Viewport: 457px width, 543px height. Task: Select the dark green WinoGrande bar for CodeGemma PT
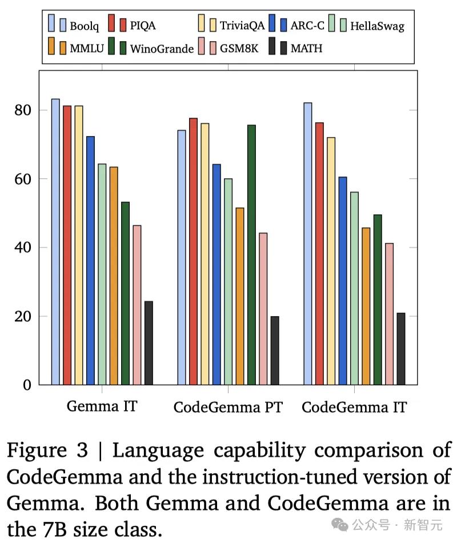pyautogui.click(x=251, y=255)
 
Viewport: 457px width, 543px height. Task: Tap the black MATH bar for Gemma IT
pyautogui.click(x=149, y=343)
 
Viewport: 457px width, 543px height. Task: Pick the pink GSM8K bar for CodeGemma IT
pyautogui.click(x=389, y=314)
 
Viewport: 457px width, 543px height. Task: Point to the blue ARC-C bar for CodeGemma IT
pyautogui.click(x=343, y=281)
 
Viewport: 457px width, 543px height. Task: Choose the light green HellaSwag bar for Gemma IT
pyautogui.click(x=102, y=274)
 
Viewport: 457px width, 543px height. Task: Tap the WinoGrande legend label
pyautogui.click(x=162, y=48)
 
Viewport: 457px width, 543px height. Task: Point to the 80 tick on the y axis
pyautogui.click(x=25, y=110)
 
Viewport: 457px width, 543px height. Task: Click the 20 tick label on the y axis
pyautogui.click(x=25, y=317)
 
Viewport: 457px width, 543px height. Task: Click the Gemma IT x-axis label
pyautogui.click(x=102, y=406)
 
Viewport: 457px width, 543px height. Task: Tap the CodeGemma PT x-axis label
pyautogui.click(x=228, y=407)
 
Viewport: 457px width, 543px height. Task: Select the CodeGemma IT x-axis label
pyautogui.click(x=354, y=407)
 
